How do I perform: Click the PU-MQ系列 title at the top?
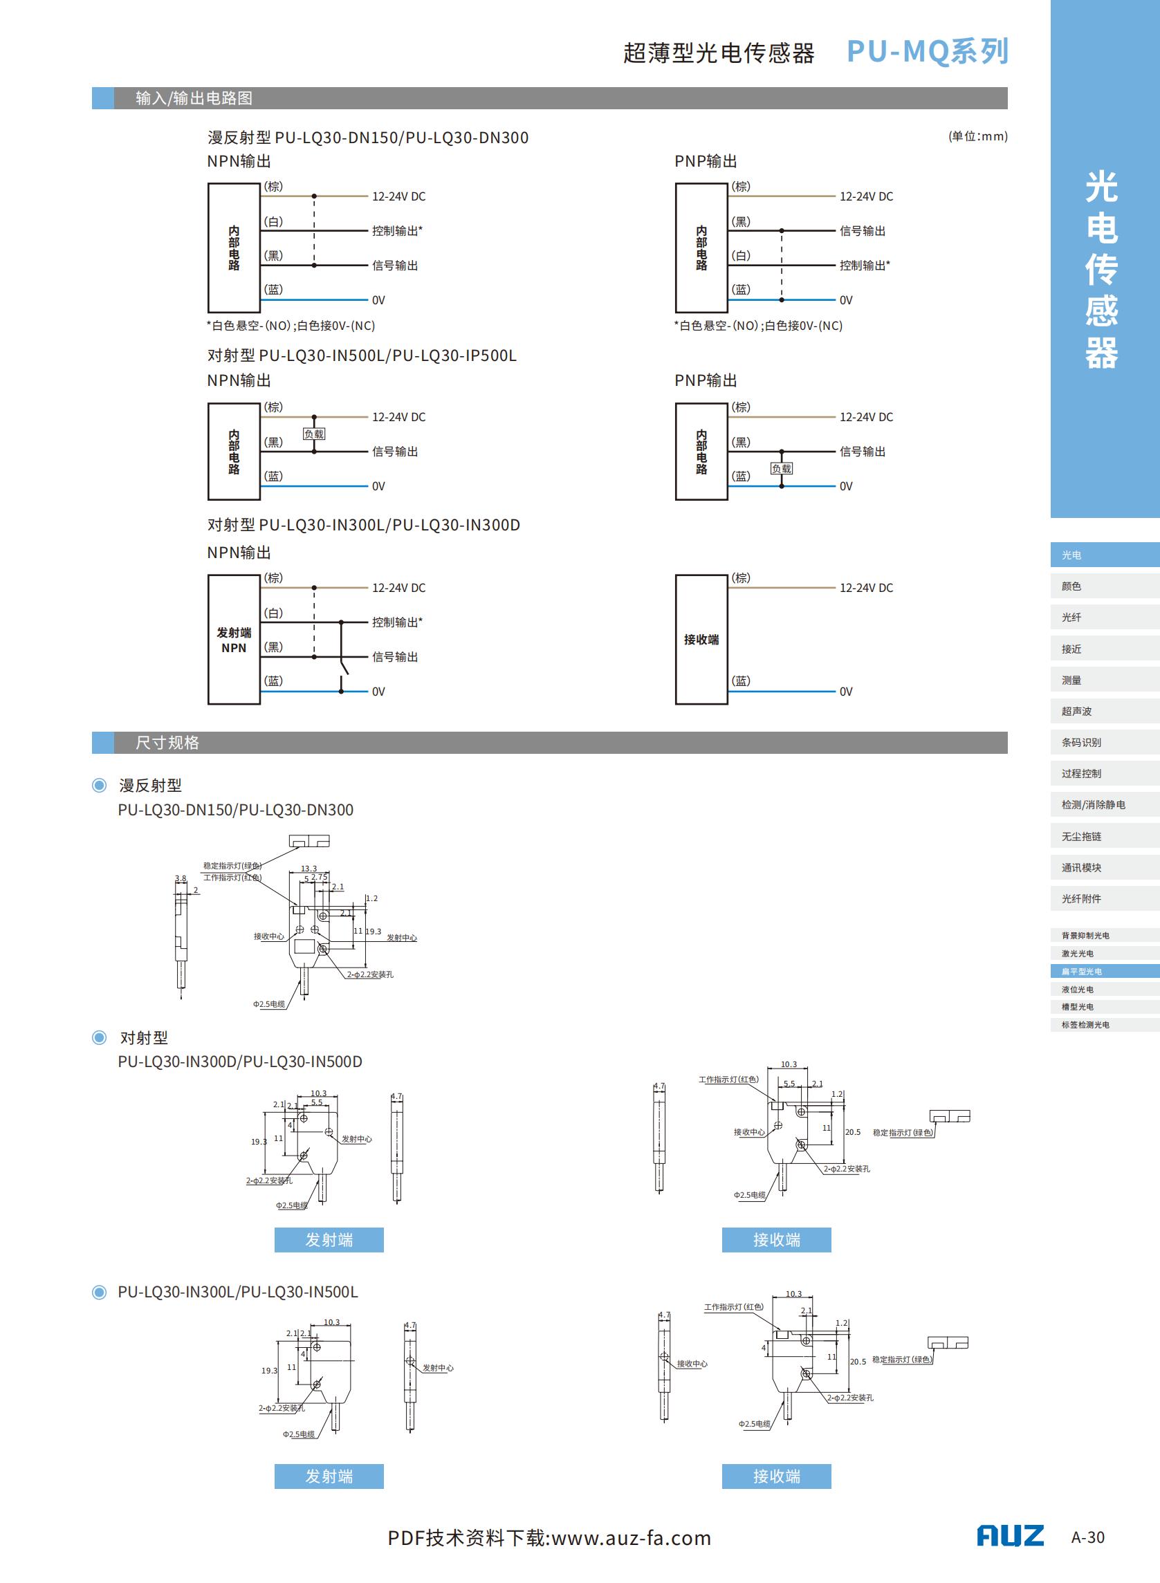927,51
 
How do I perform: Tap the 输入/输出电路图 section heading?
194,98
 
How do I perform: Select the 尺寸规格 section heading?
167,743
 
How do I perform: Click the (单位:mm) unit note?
977,136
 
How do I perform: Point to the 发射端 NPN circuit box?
234,640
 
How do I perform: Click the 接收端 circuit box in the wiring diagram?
701,640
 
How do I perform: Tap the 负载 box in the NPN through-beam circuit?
314,434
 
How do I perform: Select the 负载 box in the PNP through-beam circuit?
782,468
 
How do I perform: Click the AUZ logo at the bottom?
1010,1536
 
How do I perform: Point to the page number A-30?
1087,1537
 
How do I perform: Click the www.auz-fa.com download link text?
632,1538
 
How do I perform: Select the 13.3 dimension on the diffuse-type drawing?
309,869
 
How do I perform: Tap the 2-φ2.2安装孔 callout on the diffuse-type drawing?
370,974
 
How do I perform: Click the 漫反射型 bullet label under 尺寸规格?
150,785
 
